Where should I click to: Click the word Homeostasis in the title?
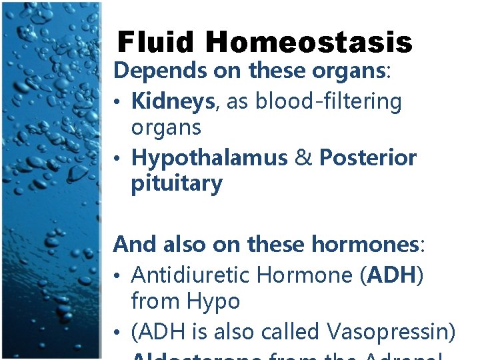pyautogui.click(x=309, y=43)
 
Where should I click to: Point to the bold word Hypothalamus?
pyautogui.click(x=209, y=158)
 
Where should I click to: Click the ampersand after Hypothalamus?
pyautogui.click(x=303, y=158)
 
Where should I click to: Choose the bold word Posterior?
pyautogui.click(x=368, y=158)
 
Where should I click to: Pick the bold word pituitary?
pyautogui.click(x=177, y=183)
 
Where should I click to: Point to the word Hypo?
pyautogui.click(x=214, y=302)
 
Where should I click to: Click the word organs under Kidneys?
pyautogui.click(x=166, y=127)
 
